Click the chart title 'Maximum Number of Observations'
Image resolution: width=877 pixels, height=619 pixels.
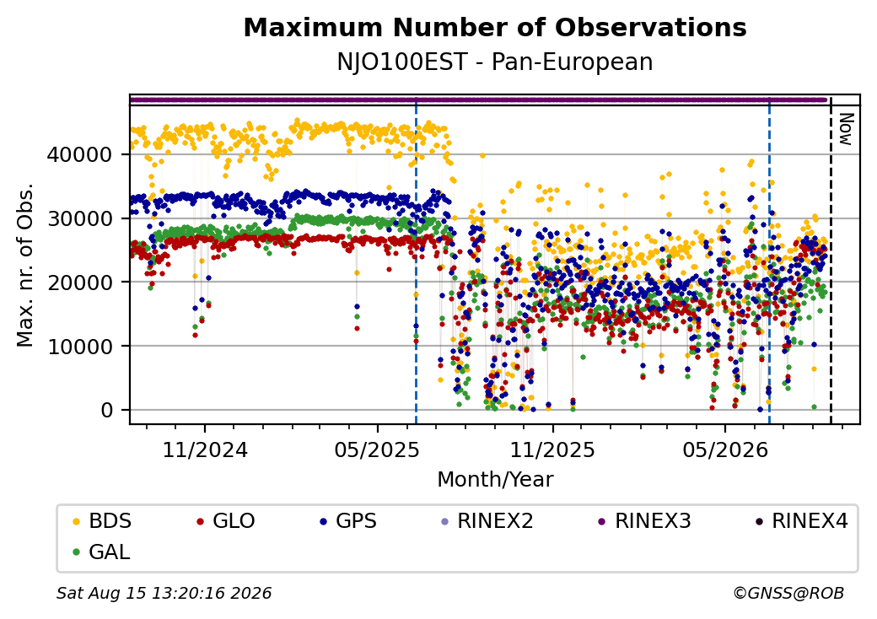point(495,27)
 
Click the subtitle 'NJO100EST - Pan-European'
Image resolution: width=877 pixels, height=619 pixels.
point(495,62)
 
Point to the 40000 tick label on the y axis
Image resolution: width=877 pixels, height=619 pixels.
point(80,154)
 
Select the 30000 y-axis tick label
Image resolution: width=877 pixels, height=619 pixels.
point(80,218)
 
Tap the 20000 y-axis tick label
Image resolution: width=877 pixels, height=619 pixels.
point(80,283)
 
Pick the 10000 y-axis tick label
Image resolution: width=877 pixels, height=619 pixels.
point(80,346)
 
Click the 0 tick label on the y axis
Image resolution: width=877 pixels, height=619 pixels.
point(107,410)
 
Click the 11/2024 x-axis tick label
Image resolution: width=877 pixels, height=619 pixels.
point(205,449)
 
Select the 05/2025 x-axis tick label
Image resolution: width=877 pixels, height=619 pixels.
point(378,449)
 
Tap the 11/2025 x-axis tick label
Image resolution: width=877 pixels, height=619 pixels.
point(552,449)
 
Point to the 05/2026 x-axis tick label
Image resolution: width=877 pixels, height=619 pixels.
point(725,449)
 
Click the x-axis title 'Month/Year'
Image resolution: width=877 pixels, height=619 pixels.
point(495,480)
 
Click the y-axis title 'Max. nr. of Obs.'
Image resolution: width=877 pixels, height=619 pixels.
point(25,265)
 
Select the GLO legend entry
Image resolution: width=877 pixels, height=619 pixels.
point(226,521)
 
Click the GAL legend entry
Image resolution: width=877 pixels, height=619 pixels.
point(102,552)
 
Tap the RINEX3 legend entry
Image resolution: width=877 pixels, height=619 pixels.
point(645,521)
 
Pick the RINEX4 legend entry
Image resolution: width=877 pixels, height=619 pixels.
point(802,521)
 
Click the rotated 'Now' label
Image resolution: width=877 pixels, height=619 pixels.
point(847,129)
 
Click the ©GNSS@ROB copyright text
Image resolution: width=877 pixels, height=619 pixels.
point(788,593)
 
